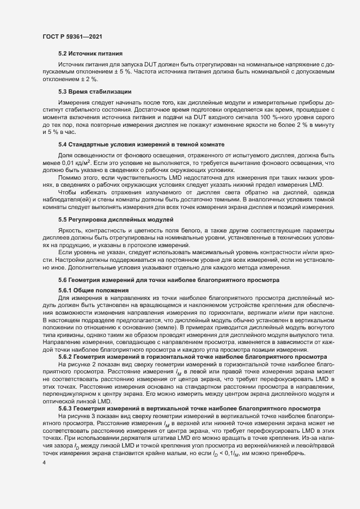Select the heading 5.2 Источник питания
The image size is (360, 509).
click(90, 54)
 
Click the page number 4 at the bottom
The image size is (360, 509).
click(44, 463)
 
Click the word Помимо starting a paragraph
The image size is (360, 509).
click(69, 177)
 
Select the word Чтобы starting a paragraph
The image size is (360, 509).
click(68, 193)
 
